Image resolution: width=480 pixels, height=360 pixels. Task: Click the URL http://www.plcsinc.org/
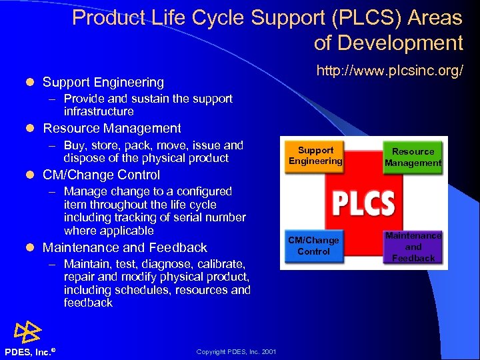pyautogui.click(x=389, y=71)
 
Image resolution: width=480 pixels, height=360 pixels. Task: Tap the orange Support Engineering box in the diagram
pyautogui.click(x=315, y=155)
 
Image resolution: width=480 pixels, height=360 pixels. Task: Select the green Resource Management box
pyautogui.click(x=413, y=157)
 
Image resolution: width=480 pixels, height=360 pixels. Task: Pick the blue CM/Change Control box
pyautogui.click(x=313, y=245)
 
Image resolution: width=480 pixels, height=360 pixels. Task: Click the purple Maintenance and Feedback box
pyautogui.click(x=413, y=246)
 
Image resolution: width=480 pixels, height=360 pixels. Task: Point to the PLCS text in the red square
pyautogui.click(x=363, y=203)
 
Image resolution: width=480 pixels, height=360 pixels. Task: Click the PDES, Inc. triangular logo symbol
pyautogui.click(x=27, y=331)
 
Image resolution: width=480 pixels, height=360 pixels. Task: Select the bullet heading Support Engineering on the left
pyautogui.click(x=103, y=82)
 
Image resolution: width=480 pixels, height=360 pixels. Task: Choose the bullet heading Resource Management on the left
pyautogui.click(x=112, y=128)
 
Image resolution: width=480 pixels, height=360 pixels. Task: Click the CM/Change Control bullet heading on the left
pyautogui.click(x=101, y=175)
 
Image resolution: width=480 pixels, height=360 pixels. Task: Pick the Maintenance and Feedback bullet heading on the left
pyautogui.click(x=125, y=247)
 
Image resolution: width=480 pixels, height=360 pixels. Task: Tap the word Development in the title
pyautogui.click(x=399, y=43)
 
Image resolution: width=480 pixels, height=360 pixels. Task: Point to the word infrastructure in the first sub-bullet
pyautogui.click(x=99, y=111)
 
